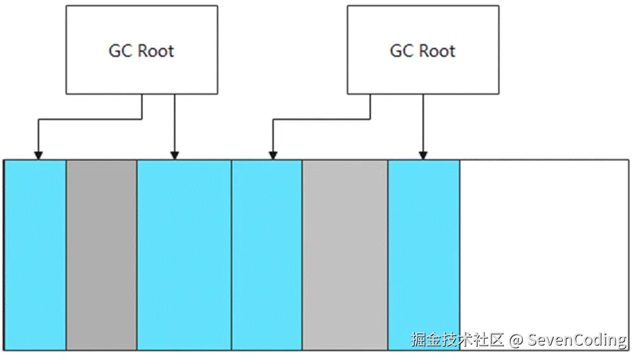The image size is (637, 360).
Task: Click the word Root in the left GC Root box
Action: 156,51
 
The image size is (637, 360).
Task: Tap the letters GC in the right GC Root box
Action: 401,51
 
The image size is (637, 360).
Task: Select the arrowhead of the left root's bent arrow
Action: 38,154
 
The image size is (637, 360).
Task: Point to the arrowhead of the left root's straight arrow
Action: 175,154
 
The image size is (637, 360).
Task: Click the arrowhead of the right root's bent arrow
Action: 273,154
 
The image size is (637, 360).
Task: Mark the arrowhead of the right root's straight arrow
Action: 423,154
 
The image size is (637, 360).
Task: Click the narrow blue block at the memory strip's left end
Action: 35,252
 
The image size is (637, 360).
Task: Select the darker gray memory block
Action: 101,252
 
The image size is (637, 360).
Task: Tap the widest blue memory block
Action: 184,252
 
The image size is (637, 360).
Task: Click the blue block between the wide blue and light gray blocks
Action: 267,252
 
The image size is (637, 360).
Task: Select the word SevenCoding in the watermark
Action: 577,340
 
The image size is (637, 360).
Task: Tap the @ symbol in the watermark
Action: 517,340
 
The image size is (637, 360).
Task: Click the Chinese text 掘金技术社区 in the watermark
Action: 457,340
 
